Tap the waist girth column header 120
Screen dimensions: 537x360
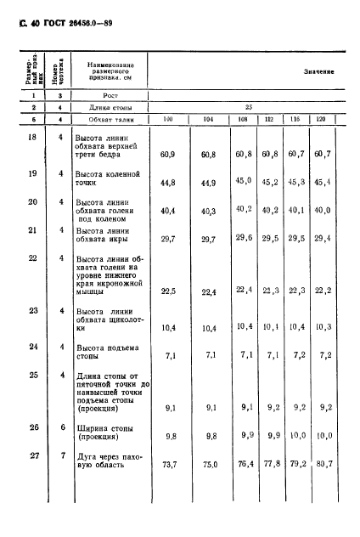tap(322, 122)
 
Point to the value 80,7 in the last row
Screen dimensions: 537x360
tap(322, 465)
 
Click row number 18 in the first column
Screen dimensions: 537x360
tap(29, 136)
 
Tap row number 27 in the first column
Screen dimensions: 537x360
tap(29, 456)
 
